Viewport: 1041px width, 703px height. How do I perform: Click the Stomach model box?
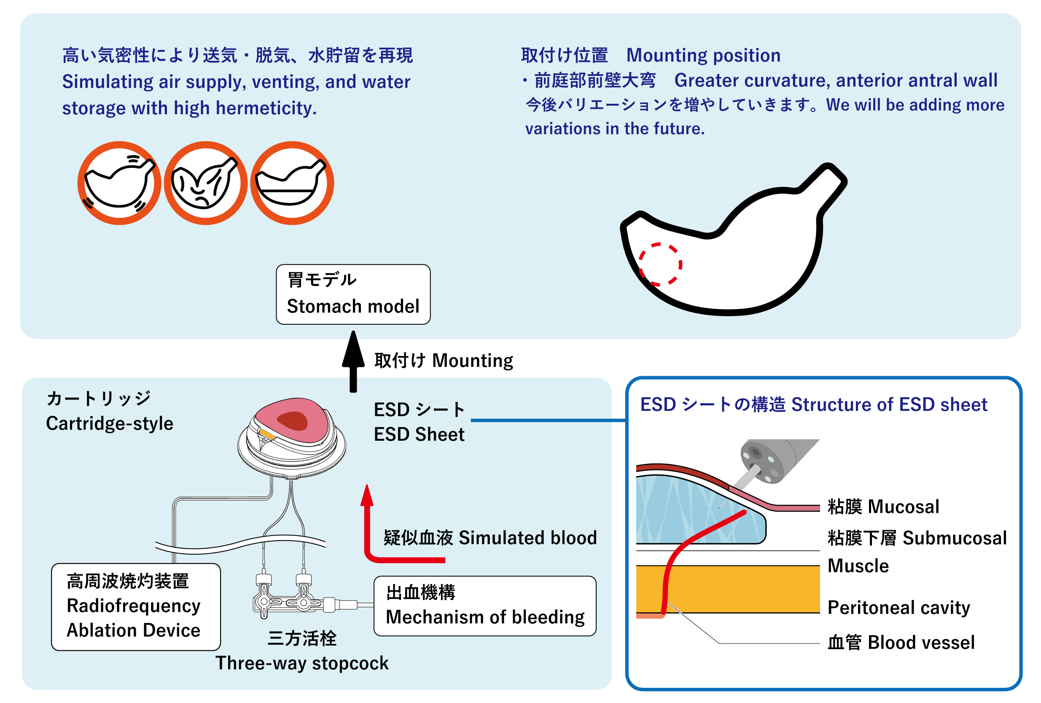click(x=353, y=294)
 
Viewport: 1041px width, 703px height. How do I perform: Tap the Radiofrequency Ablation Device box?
click(x=136, y=606)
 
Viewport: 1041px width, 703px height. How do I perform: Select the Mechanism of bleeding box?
click(x=485, y=605)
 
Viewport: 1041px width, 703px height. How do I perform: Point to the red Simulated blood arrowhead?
click(x=367, y=495)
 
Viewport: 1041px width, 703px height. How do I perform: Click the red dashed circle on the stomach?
click(x=660, y=264)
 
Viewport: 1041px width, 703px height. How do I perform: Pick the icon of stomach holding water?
click(x=292, y=183)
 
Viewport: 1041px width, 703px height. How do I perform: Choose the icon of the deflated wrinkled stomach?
click(x=206, y=183)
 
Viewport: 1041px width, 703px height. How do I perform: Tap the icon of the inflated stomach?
click(x=119, y=183)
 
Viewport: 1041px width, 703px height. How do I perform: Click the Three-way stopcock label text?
click(x=302, y=663)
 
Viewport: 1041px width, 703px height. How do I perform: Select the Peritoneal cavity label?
click(x=898, y=607)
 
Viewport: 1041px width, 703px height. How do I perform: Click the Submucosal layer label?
click(x=917, y=538)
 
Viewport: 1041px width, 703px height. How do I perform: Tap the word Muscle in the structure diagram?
click(x=858, y=566)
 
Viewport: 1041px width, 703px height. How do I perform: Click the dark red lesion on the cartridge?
click(x=293, y=421)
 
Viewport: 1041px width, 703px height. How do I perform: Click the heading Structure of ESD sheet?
click(x=813, y=404)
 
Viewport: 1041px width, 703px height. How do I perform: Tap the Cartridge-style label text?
click(x=109, y=423)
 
